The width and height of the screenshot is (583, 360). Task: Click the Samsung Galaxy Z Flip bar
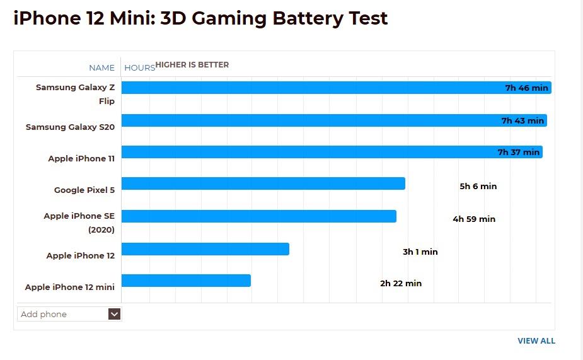point(315,88)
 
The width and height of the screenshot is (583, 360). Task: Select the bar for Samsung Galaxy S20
point(315,120)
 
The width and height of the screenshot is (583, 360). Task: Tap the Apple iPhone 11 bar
point(315,152)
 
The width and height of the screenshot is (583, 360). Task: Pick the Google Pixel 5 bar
point(263,183)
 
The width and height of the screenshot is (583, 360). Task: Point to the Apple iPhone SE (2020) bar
point(258,216)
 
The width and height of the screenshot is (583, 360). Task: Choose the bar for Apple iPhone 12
point(205,249)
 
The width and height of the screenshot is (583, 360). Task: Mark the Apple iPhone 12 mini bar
point(186,281)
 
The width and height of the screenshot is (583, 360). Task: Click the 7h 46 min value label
point(526,88)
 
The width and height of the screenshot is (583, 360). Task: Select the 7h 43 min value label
point(522,120)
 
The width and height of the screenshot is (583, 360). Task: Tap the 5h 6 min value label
point(478,186)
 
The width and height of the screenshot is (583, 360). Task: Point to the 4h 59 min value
point(474,219)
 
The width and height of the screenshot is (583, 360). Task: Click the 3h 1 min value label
point(420,252)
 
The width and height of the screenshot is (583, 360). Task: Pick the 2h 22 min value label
point(400,283)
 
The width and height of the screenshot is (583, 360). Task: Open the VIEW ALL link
point(536,340)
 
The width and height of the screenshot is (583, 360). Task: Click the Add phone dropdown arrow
point(114,314)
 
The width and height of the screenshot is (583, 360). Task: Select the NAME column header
point(101,67)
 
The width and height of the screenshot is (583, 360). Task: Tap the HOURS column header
point(139,67)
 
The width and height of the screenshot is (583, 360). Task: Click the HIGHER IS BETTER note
point(192,65)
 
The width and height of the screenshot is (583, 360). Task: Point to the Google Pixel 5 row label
point(84,190)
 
